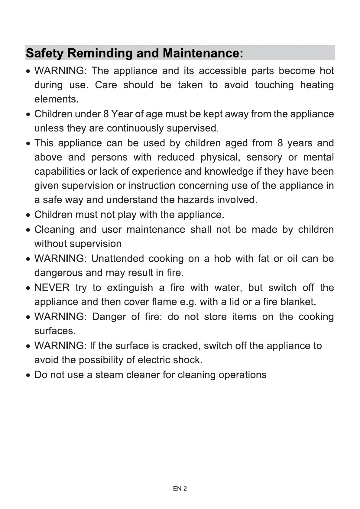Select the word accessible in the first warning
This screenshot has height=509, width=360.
pos(222,71)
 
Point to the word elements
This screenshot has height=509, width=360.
pos(56,99)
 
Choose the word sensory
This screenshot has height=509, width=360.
pos(264,157)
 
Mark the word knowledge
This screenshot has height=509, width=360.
pos(229,171)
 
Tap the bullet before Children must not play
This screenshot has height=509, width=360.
pos(28,215)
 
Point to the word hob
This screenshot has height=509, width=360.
pos(222,258)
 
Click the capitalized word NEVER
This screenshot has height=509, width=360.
pos(52,287)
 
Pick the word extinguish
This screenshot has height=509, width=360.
pos(130,287)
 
